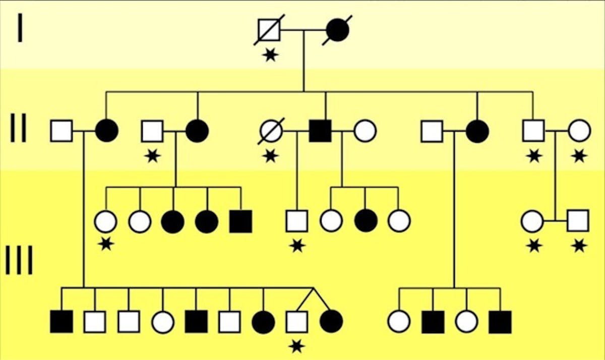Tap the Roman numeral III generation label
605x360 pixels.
(x=20, y=260)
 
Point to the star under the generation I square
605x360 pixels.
(x=271, y=54)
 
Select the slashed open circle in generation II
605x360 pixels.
(x=270, y=131)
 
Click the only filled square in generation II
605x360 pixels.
(x=320, y=131)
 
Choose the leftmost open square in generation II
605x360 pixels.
(x=62, y=131)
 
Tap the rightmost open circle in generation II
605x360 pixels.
(x=579, y=131)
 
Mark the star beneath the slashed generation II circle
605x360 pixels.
(x=271, y=156)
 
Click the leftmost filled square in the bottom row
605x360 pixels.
(x=62, y=322)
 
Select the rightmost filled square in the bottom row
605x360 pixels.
(x=500, y=322)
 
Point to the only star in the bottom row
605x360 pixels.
(x=297, y=346)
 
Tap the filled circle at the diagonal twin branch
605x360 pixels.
(x=331, y=322)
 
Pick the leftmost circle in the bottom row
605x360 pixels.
(x=163, y=322)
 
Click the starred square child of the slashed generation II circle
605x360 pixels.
(x=297, y=221)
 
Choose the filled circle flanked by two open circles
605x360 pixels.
(x=365, y=221)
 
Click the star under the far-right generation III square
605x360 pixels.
(x=579, y=246)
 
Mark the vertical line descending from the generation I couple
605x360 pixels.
(x=303, y=61)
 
